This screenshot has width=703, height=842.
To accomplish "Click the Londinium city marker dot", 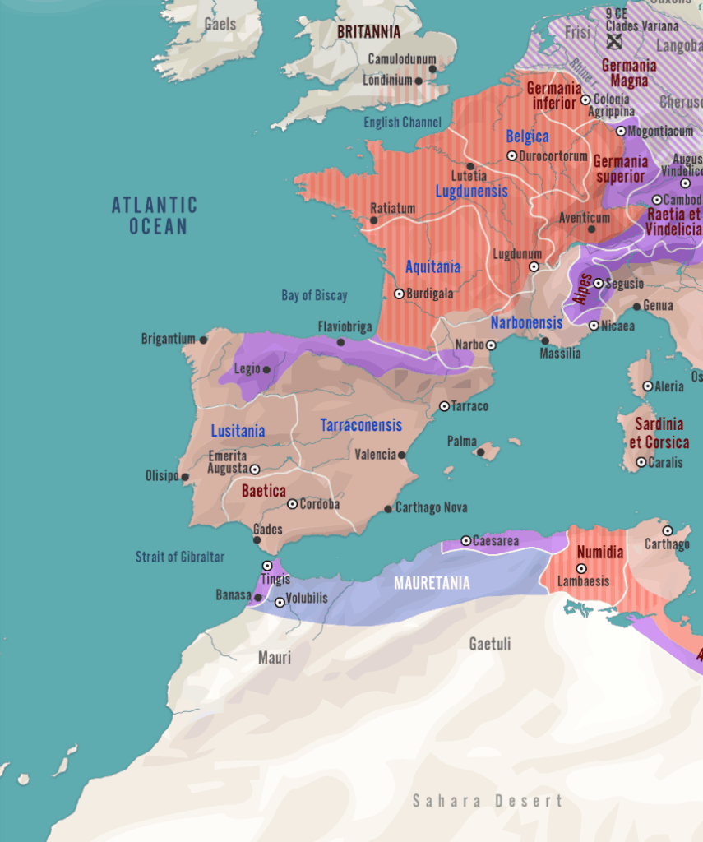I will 419,81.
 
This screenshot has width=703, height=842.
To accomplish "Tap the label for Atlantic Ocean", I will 155,215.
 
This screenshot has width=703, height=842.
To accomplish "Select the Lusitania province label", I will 238,431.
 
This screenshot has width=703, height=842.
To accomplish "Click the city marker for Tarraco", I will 444,406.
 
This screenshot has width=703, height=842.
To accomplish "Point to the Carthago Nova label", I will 431,508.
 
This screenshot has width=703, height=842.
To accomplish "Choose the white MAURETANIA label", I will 432,583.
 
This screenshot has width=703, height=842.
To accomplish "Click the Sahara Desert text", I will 488,800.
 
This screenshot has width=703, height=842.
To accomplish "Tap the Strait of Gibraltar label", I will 179,557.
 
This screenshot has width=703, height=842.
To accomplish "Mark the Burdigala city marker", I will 400,294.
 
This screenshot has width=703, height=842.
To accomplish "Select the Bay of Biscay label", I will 314,295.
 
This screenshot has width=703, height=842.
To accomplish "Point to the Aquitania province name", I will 432,267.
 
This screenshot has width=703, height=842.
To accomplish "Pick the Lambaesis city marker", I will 581,568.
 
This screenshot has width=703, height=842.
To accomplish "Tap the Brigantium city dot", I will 203,339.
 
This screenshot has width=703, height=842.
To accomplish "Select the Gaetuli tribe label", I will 490,644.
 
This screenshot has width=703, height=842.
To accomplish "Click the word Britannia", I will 368,32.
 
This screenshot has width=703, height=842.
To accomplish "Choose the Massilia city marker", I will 544,340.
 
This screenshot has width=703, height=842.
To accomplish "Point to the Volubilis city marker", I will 280,602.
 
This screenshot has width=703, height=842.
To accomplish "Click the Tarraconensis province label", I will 361,425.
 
